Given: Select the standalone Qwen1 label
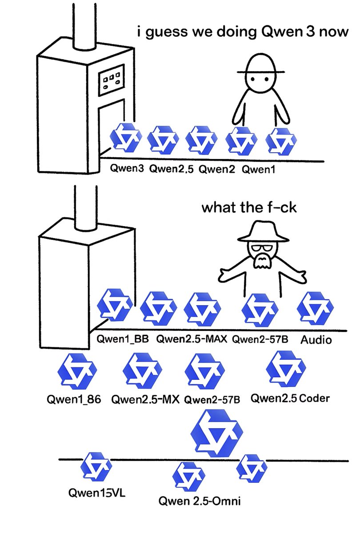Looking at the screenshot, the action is tap(259, 169).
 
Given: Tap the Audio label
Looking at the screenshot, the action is tap(316, 340).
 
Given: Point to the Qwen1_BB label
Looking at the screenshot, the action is tap(123, 340).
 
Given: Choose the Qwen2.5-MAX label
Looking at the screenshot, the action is tap(192, 340).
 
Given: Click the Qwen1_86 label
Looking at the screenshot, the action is tap(74, 398).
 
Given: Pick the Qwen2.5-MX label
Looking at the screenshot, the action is tap(145, 398).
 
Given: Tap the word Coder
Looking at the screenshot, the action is tap(315, 398).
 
